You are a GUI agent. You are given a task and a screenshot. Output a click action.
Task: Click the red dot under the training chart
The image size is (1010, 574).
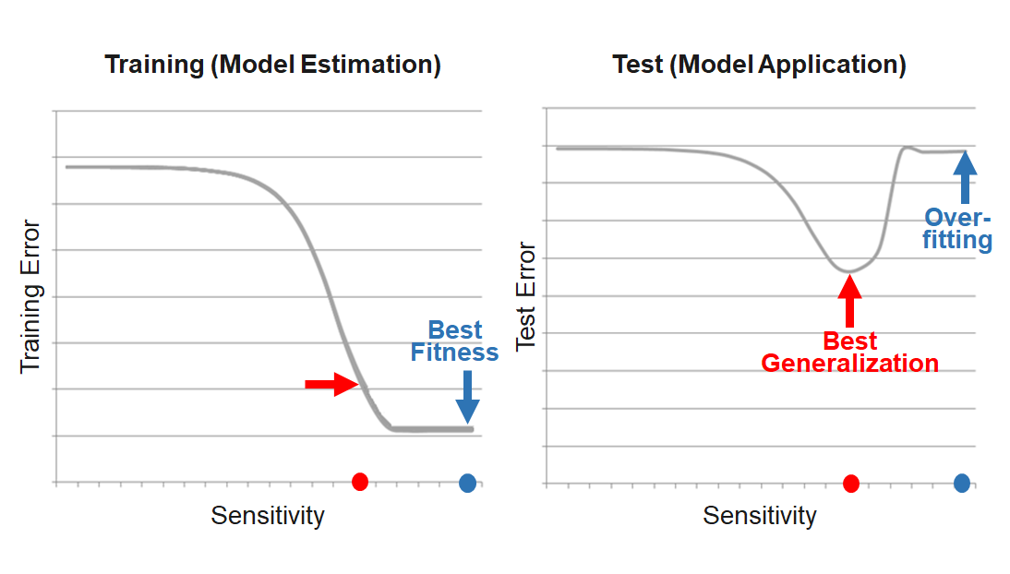click(x=360, y=481)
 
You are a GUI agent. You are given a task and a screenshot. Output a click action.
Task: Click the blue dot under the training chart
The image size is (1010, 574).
click(x=467, y=483)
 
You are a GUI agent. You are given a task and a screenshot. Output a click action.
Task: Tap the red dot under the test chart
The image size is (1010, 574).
click(x=851, y=483)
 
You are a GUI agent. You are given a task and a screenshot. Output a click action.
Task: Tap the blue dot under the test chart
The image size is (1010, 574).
click(x=962, y=482)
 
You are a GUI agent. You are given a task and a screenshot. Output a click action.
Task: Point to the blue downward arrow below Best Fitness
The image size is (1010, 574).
click(x=467, y=396)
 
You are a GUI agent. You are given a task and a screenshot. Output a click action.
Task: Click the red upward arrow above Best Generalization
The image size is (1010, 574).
click(x=850, y=300)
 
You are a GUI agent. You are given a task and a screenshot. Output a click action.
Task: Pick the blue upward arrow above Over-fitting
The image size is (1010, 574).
click(x=965, y=177)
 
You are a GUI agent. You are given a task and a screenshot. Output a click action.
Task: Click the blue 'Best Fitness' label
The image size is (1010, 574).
click(x=455, y=341)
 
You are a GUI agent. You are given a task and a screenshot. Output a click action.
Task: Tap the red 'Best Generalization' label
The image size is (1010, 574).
click(x=849, y=353)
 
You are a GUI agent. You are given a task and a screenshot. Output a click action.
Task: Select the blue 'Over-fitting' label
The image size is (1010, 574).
click(x=958, y=230)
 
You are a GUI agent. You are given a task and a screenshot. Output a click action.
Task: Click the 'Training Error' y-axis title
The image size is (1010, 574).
click(x=31, y=295)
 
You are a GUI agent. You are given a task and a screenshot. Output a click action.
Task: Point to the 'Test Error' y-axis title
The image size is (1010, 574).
click(x=526, y=295)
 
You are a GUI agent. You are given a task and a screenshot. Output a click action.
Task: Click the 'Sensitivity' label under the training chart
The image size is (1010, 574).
click(x=268, y=515)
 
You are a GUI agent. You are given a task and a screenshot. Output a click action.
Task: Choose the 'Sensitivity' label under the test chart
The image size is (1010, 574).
click(x=760, y=515)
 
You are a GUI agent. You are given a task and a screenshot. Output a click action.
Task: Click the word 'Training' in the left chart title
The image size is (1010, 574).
click(x=152, y=66)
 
